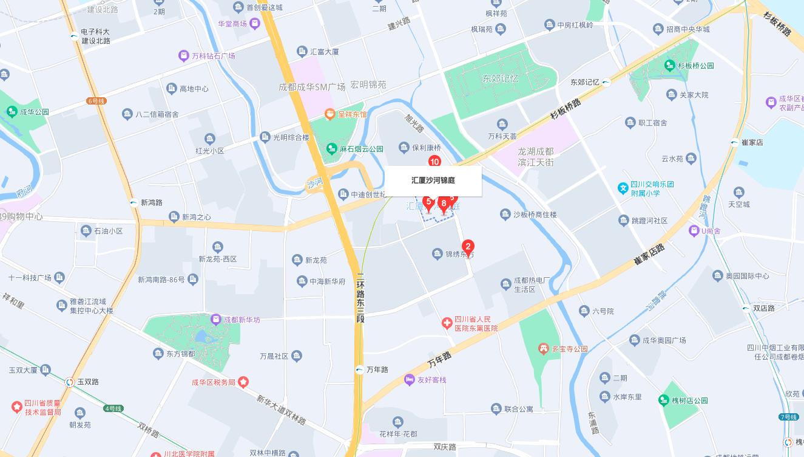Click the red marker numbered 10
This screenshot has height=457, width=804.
point(434,162)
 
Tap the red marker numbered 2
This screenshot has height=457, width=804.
point(468,247)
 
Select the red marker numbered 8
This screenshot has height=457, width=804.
point(444,204)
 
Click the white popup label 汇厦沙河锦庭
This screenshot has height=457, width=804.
point(433,180)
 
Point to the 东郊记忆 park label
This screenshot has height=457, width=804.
point(501,79)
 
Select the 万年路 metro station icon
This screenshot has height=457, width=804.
point(360,369)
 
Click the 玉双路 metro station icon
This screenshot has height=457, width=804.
point(70,382)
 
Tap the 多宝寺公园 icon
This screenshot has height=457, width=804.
point(544,349)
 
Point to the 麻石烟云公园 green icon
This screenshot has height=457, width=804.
point(331,148)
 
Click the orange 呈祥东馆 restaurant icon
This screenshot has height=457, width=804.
point(329,114)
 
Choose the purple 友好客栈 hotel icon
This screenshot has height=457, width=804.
point(410,380)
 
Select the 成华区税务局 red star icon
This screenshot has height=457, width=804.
point(243,382)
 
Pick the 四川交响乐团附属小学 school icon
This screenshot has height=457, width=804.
point(623,188)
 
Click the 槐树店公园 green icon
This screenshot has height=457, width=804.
point(664,400)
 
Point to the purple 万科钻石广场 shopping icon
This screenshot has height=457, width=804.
point(183,56)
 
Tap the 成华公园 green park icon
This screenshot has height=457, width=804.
point(12,112)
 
